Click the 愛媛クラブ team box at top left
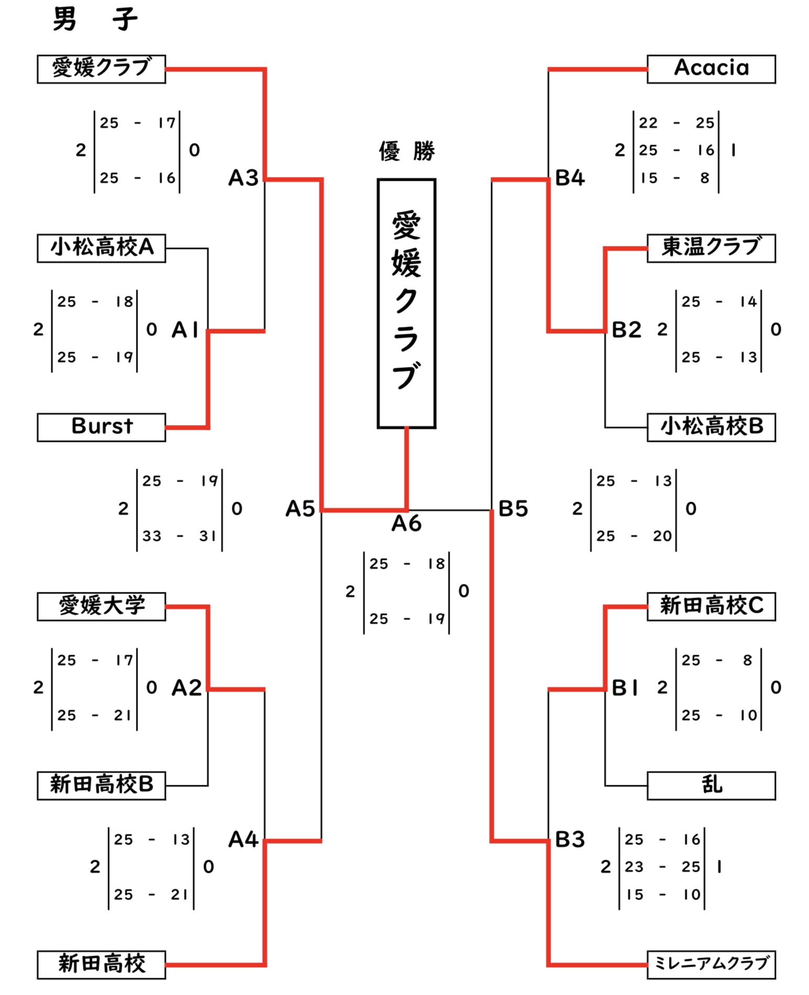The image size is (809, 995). pyautogui.click(x=101, y=69)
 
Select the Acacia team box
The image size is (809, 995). pyautogui.click(x=711, y=69)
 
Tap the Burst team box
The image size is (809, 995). pyautogui.click(x=101, y=427)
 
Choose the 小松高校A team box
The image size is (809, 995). pyautogui.click(x=101, y=248)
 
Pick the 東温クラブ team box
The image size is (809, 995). pyautogui.click(x=711, y=248)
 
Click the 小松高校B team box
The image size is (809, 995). pyautogui.click(x=711, y=427)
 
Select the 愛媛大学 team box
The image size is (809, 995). pyautogui.click(x=101, y=606)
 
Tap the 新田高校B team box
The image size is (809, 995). pyautogui.click(x=101, y=785)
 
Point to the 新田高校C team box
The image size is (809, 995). pyautogui.click(x=711, y=606)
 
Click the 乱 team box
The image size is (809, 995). pyautogui.click(x=711, y=785)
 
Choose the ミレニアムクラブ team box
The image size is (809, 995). pyautogui.click(x=711, y=964)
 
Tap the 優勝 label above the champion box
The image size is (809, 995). pyautogui.click(x=407, y=152)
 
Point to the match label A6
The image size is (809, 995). pyautogui.click(x=406, y=523)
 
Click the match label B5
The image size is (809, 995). pyautogui.click(x=513, y=509)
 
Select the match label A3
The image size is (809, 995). pyautogui.click(x=243, y=178)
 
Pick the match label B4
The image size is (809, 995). pyautogui.click(x=570, y=178)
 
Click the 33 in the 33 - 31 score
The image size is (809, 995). pyautogui.click(x=152, y=536)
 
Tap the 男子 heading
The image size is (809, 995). pyautogui.click(x=95, y=20)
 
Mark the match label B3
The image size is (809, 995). pyautogui.click(x=570, y=839)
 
